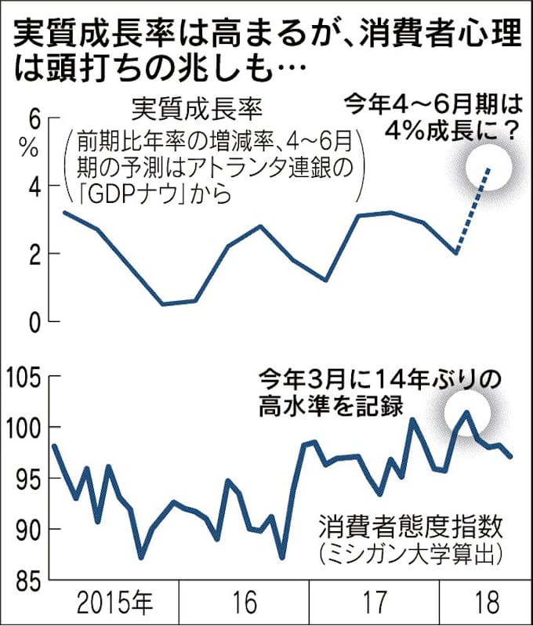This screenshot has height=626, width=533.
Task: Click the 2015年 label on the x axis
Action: click(x=115, y=603)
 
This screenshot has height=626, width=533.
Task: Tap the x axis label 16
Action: click(x=245, y=603)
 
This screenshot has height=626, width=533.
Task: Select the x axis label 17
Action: click(x=375, y=603)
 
